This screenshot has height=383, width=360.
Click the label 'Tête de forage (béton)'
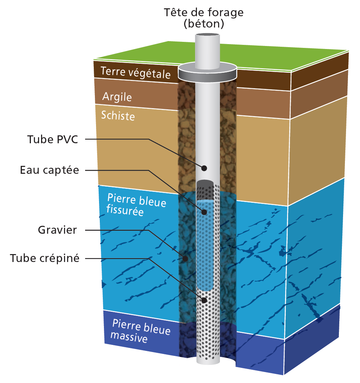[204, 18]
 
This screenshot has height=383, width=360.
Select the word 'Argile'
[117, 97]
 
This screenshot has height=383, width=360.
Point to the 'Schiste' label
[118, 115]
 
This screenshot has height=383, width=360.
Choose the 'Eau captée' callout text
[49, 170]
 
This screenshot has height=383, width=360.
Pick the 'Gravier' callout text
[57, 230]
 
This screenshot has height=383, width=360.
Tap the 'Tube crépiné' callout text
[44, 259]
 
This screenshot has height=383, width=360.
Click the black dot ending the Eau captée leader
[204, 212]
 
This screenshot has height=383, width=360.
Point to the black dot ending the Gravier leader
[185, 259]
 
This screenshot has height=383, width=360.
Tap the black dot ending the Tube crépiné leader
[204, 300]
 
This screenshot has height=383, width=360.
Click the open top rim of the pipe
[207, 35]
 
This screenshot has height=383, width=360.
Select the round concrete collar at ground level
[207, 72]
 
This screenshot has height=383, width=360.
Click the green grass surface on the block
[264, 57]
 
